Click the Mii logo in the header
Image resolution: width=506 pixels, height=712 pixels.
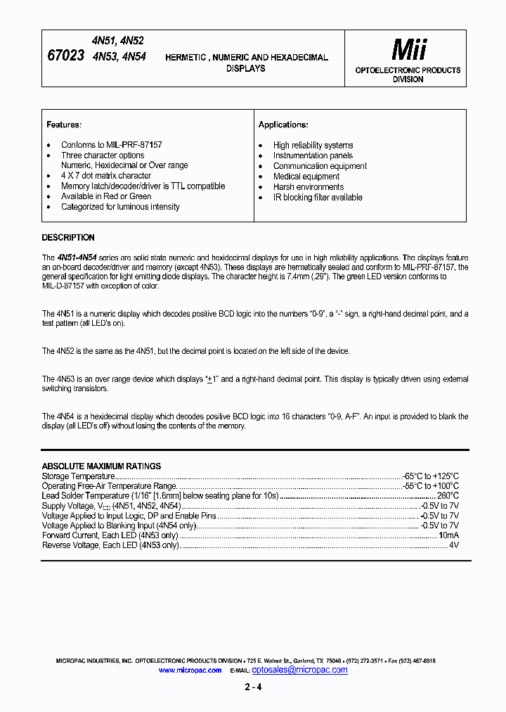tap(408, 49)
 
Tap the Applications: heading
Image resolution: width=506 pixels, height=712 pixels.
tap(283, 125)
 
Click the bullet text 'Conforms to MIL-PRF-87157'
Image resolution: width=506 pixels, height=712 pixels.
tap(112, 145)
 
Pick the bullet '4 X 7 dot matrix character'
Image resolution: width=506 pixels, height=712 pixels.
tap(106, 176)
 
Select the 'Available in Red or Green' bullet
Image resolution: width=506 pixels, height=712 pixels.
tap(106, 196)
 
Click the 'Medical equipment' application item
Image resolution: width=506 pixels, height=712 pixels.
tap(306, 177)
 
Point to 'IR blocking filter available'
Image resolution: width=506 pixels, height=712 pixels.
tap(318, 198)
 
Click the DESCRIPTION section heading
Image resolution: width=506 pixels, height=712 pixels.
tap(68, 238)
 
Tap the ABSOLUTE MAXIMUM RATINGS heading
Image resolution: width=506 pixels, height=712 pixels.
tap(101, 466)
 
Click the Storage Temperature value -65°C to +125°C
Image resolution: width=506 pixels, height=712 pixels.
tap(430, 476)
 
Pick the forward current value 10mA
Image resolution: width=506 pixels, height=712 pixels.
tap(448, 535)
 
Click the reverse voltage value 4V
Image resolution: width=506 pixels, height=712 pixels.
tap(453, 545)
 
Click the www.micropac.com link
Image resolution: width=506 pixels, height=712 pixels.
tap(190, 670)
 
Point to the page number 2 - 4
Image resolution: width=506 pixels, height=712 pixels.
tap(253, 687)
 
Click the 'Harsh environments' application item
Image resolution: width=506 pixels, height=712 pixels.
tap(309, 187)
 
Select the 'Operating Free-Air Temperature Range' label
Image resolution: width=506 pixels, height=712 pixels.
tap(110, 486)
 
